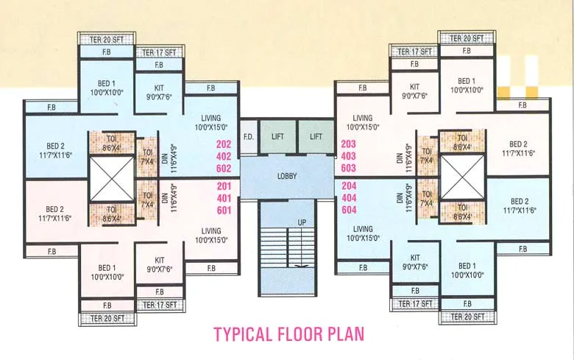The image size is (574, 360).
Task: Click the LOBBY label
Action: coord(287,177)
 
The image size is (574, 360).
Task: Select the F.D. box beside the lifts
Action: coord(249,137)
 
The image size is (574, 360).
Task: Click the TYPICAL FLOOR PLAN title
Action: coord(288,333)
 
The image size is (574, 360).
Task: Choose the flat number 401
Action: coord(224,198)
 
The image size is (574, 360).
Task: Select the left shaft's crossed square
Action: coord(110,177)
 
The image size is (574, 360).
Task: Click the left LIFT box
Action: coord(277,137)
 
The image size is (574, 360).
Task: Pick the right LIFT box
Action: coord(316,137)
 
